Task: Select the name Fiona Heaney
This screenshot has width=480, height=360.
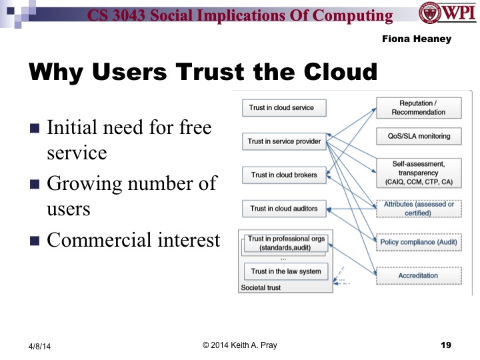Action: (x=416, y=39)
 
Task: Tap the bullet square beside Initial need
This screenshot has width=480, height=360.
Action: (x=35, y=128)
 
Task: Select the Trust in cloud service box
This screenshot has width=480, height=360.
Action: (x=281, y=107)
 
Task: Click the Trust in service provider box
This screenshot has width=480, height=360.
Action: (x=284, y=141)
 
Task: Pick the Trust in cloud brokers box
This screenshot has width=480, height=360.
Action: (x=284, y=175)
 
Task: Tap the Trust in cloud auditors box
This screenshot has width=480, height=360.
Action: (x=284, y=209)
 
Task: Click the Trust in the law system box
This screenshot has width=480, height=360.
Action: (x=285, y=271)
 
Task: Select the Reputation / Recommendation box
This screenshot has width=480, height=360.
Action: (x=418, y=107)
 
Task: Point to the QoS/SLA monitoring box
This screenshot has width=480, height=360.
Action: (x=418, y=136)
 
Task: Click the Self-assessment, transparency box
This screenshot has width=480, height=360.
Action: (x=418, y=171)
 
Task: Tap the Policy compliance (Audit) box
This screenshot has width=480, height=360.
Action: (x=418, y=242)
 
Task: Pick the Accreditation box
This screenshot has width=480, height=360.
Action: (x=418, y=275)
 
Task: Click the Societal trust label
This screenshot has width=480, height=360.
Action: (x=260, y=288)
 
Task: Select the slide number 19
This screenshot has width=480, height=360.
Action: (x=446, y=345)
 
